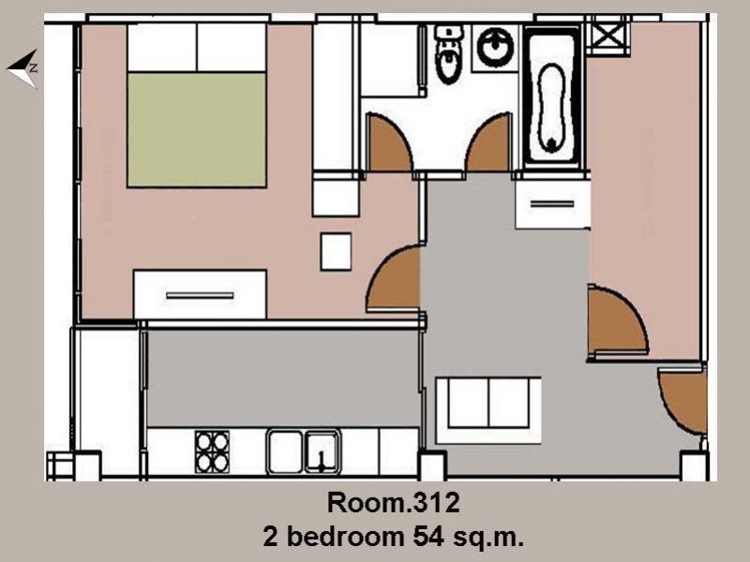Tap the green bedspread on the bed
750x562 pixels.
tap(197, 129)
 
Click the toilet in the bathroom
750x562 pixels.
tap(449, 55)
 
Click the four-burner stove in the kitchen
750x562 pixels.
tap(212, 451)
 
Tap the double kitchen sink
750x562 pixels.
tap(304, 451)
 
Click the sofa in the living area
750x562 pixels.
tap(488, 410)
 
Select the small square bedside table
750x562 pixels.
tap(336, 251)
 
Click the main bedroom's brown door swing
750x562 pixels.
tap(393, 278)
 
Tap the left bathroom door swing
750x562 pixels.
tap(387, 143)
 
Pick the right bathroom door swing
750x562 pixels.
tap(487, 143)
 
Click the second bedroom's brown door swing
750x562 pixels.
tap(616, 319)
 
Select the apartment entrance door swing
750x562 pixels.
tap(682, 401)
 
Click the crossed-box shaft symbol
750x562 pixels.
tap(607, 35)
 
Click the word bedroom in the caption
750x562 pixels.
tap(345, 537)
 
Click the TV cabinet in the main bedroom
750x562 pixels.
tap(200, 294)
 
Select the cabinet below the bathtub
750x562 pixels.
tap(552, 204)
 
